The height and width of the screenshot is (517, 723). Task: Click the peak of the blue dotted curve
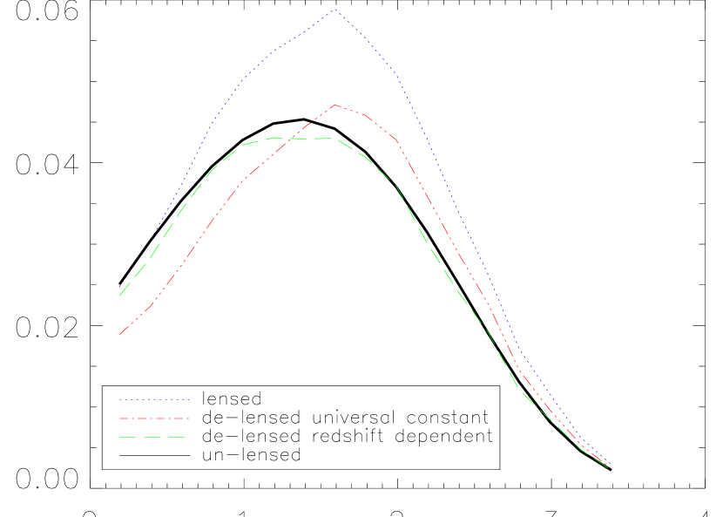click(x=335, y=10)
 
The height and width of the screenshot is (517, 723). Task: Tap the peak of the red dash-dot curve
click(x=335, y=105)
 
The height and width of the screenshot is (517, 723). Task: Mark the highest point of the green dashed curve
click(x=275, y=137)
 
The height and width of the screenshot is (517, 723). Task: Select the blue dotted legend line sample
click(x=154, y=400)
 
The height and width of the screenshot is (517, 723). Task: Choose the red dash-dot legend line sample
click(x=154, y=418)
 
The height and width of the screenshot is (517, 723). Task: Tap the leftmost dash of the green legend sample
click(x=128, y=437)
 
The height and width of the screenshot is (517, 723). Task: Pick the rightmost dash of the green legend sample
click(x=177, y=437)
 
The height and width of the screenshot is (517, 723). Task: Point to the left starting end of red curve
click(x=119, y=335)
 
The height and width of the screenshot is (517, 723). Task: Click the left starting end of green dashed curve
click(x=119, y=296)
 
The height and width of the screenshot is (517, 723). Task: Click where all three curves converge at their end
click(x=611, y=468)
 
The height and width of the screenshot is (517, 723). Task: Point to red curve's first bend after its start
click(x=153, y=305)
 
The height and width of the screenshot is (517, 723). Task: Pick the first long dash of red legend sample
click(x=130, y=418)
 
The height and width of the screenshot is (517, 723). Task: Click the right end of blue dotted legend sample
click(x=189, y=400)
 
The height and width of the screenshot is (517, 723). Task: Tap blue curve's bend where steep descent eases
click(x=520, y=353)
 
